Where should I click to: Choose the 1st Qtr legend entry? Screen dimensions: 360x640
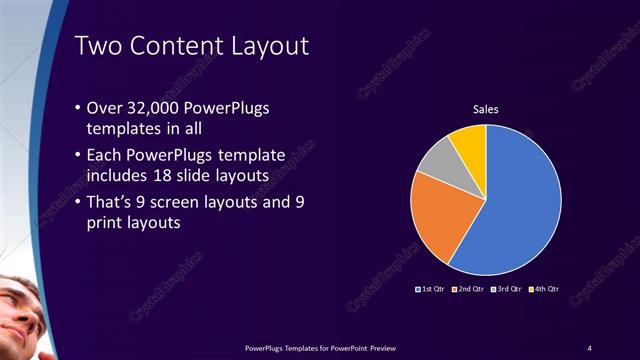click(x=432, y=289)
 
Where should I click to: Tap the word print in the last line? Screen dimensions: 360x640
click(x=110, y=224)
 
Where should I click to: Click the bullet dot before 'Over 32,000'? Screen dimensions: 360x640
click(x=80, y=108)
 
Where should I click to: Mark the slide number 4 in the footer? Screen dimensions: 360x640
click(x=589, y=347)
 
